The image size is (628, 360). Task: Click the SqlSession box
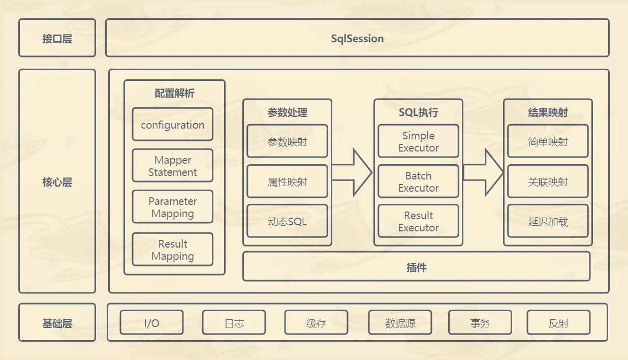[357, 38]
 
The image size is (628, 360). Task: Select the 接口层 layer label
[57, 38]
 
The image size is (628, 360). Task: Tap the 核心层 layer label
[57, 182]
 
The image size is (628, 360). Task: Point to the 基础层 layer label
[57, 323]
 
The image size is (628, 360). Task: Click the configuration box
[172, 125]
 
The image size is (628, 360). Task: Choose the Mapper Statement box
[172, 166]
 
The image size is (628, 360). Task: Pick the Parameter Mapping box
[172, 207]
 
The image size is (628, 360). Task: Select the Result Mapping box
[172, 250]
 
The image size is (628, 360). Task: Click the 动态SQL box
[287, 221]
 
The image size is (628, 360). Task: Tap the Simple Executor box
[418, 141]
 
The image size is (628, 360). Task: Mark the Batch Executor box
[418, 182]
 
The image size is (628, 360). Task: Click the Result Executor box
[418, 221]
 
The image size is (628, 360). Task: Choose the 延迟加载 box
[548, 221]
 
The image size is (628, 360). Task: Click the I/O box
[151, 323]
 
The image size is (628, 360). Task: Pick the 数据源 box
[400, 323]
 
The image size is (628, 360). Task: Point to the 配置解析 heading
[174, 94]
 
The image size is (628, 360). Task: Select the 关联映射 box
[548, 182]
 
